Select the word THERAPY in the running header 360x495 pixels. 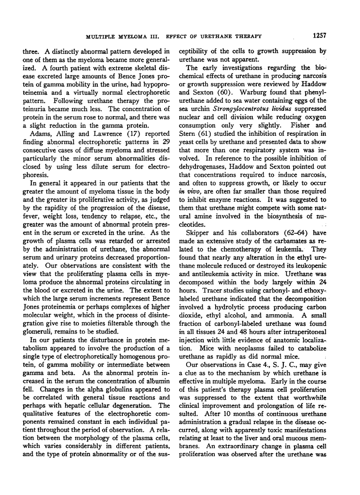point(248,37)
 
